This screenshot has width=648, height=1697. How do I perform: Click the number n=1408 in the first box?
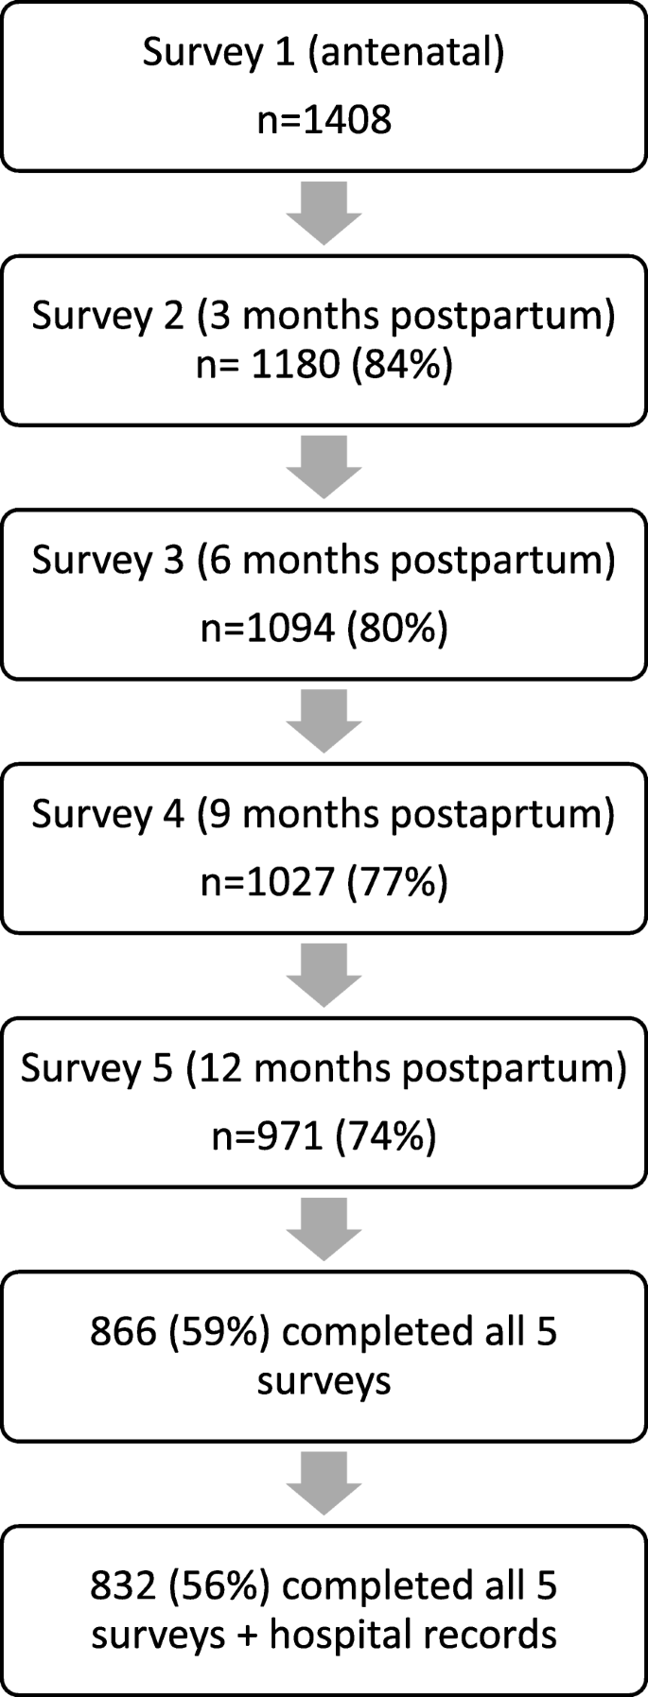point(324,120)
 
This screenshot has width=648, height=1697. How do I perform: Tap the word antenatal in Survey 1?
point(406,53)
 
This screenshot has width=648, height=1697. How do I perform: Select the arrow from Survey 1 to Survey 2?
point(324,214)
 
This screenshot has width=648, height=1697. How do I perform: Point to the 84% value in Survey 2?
point(402,365)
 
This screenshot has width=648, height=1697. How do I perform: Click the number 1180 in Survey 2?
point(295,365)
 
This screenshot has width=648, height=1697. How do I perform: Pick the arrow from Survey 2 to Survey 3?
point(324,467)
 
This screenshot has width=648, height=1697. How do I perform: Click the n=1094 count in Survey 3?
point(268,628)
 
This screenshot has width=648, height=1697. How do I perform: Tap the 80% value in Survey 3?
point(397,628)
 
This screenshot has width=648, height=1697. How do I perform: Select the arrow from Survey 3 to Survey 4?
point(324,721)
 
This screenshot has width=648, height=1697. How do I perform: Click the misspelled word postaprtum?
point(502,814)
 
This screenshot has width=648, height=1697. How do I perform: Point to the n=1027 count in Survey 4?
point(268,882)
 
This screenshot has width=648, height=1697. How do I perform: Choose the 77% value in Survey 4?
point(397,882)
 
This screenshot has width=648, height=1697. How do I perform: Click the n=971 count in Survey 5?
point(268,1136)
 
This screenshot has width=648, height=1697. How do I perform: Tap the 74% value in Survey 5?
point(386,1136)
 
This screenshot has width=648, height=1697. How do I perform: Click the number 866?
point(122,1332)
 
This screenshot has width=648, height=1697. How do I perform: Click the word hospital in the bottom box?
point(335,1634)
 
